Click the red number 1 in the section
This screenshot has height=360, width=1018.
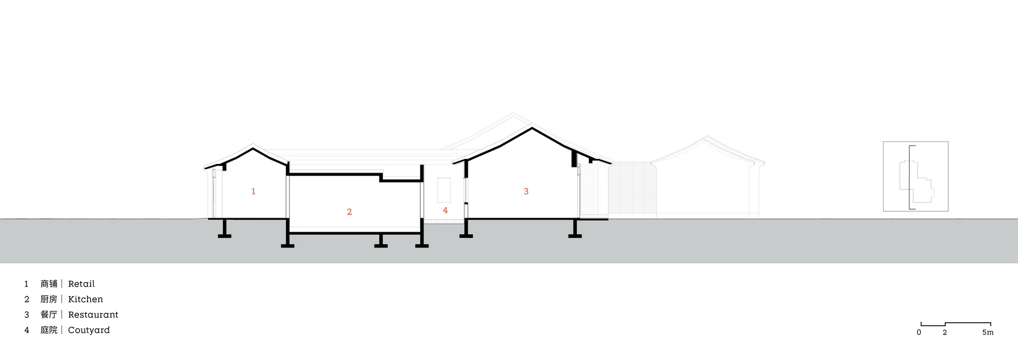pyautogui.click(x=253, y=191)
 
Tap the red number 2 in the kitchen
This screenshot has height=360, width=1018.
pyautogui.click(x=349, y=212)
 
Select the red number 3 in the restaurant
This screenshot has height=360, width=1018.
pyautogui.click(x=526, y=191)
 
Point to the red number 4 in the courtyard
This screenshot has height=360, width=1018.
pyautogui.click(x=445, y=210)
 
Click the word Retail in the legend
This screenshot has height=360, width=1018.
pyautogui.click(x=81, y=284)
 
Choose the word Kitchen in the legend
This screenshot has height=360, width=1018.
pyautogui.click(x=86, y=299)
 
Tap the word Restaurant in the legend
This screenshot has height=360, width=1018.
pyautogui.click(x=93, y=315)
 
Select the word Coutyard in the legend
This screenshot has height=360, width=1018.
pyautogui.click(x=89, y=330)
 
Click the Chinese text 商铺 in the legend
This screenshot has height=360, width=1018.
pyautogui.click(x=49, y=284)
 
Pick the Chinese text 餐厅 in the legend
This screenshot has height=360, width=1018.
pyautogui.click(x=49, y=315)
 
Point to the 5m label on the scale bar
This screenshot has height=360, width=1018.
pyautogui.click(x=987, y=333)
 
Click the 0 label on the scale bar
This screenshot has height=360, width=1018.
pyautogui.click(x=919, y=333)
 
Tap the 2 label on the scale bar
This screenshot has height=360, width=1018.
pyautogui.click(x=945, y=333)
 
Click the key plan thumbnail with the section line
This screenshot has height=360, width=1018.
pyautogui.click(x=916, y=176)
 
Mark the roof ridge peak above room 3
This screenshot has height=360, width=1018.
pyautogui.click(x=532, y=128)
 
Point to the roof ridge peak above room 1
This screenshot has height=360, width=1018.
pyautogui.click(x=253, y=148)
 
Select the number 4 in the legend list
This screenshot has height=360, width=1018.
pyautogui.click(x=26, y=330)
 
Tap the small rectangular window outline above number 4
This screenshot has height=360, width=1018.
pyautogui.click(x=444, y=189)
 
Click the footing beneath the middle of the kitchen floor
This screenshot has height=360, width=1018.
pyautogui.click(x=381, y=240)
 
